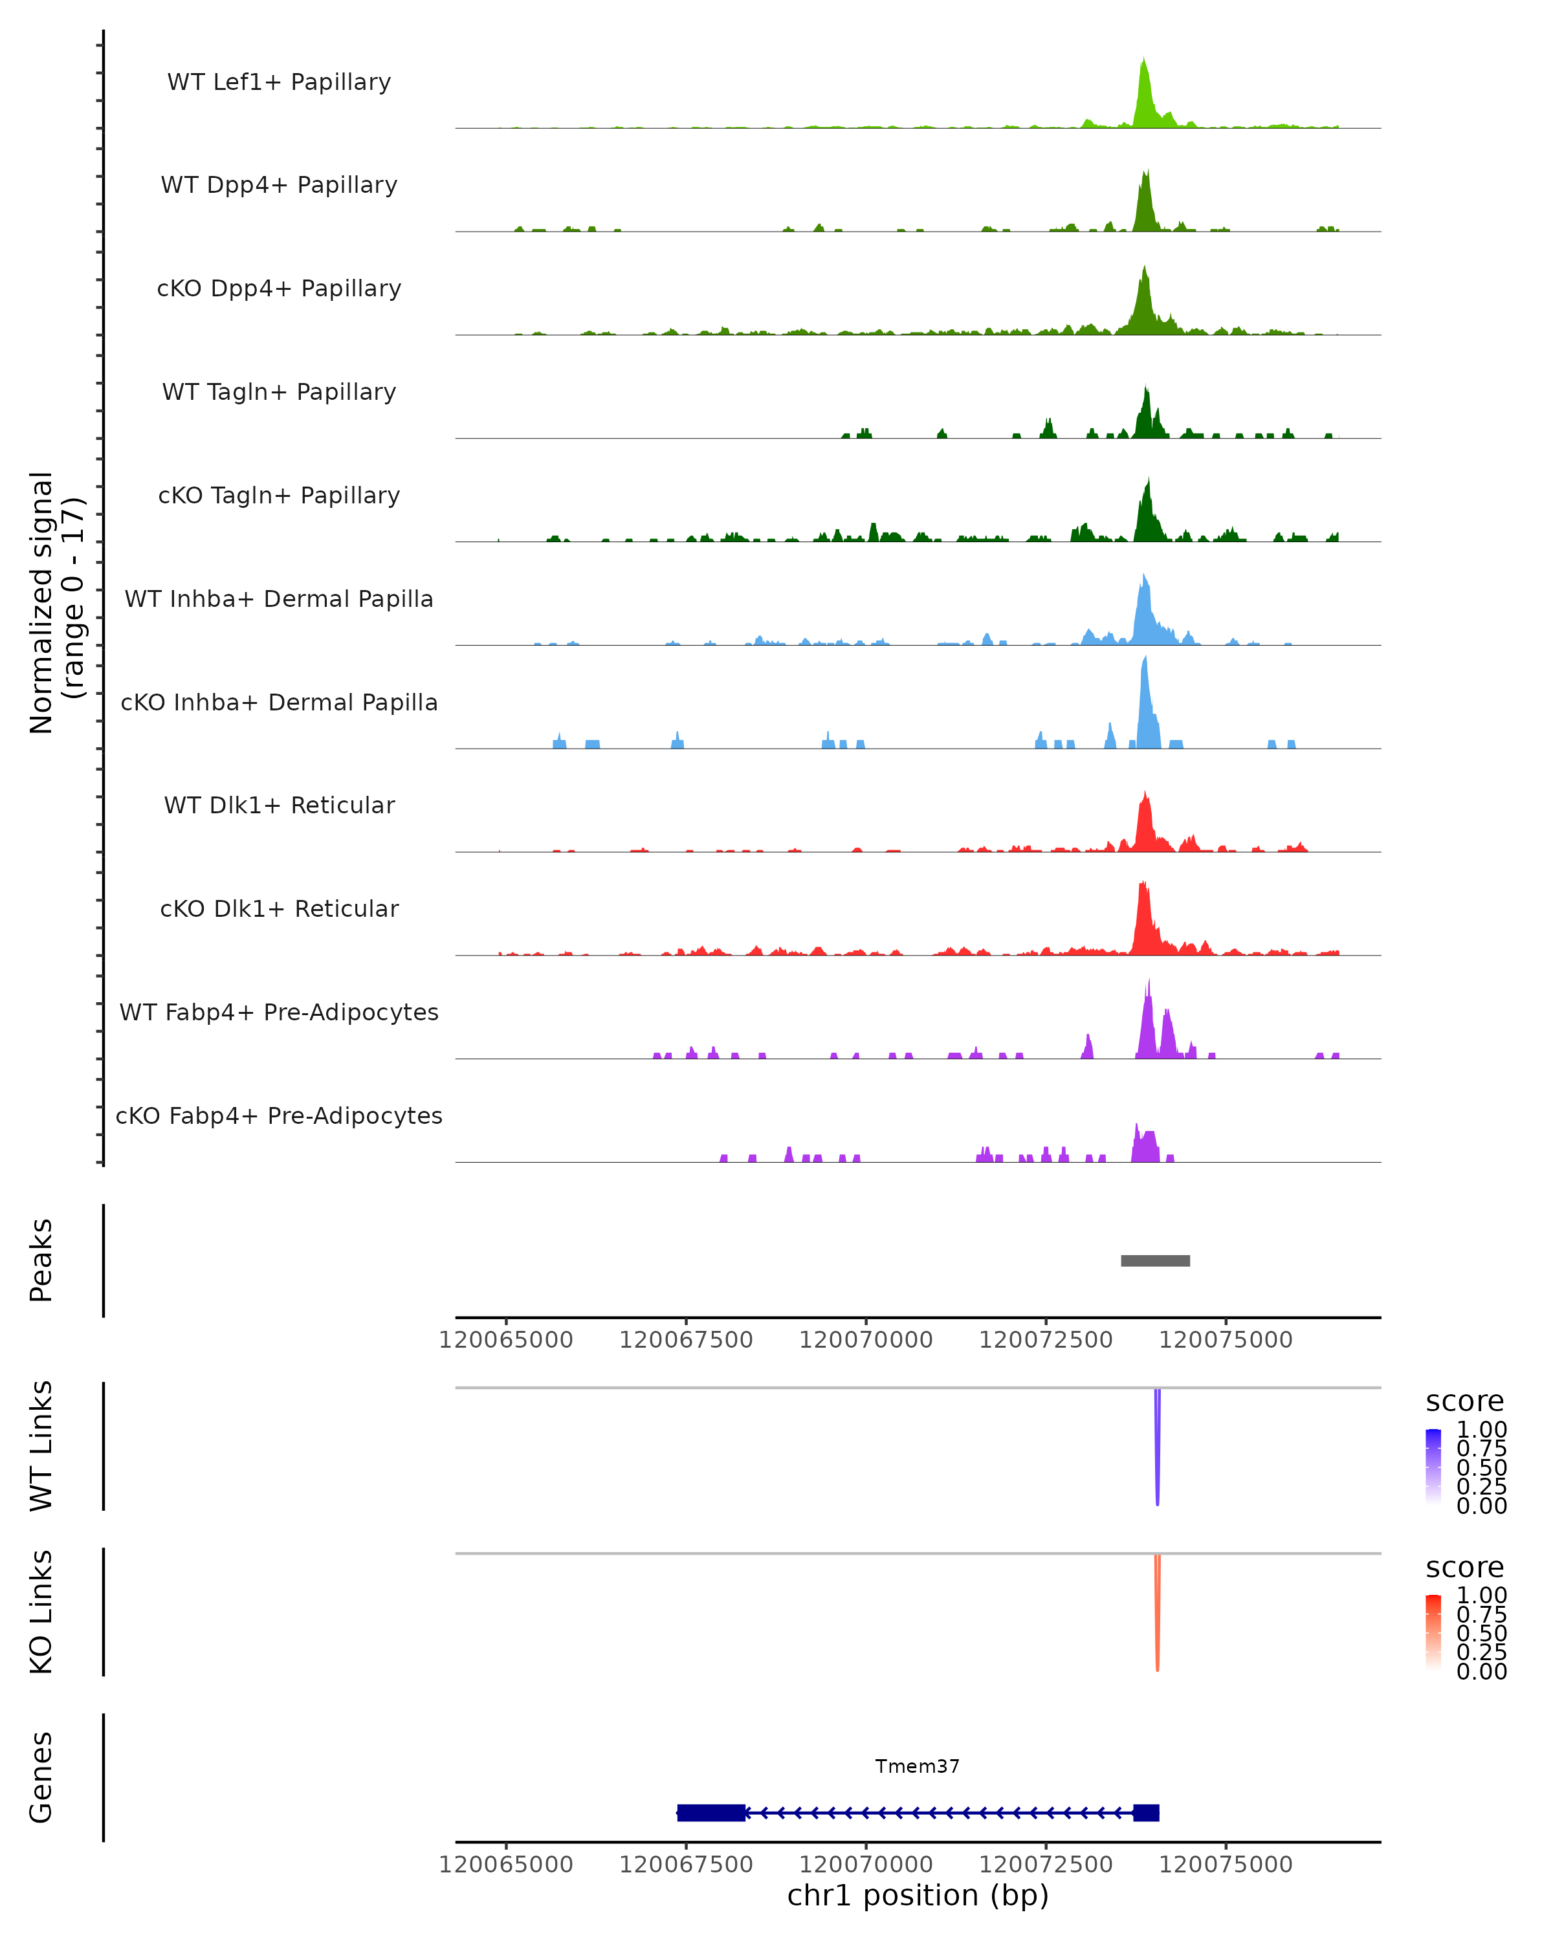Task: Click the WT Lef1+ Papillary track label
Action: [x=279, y=82]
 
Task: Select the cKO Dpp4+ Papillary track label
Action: [x=279, y=288]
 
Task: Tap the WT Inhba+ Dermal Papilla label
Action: [x=279, y=598]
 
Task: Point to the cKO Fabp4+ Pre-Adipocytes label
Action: [x=279, y=1115]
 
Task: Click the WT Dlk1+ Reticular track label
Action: [x=279, y=805]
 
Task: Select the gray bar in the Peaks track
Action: [x=1155, y=1260]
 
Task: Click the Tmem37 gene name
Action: [x=918, y=1766]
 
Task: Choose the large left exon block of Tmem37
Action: [x=711, y=1812]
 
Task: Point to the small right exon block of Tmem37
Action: [x=1146, y=1812]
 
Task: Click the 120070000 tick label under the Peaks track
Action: [x=866, y=1340]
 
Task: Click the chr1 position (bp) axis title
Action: [x=918, y=1895]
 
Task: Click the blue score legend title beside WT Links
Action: [x=1465, y=1401]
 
